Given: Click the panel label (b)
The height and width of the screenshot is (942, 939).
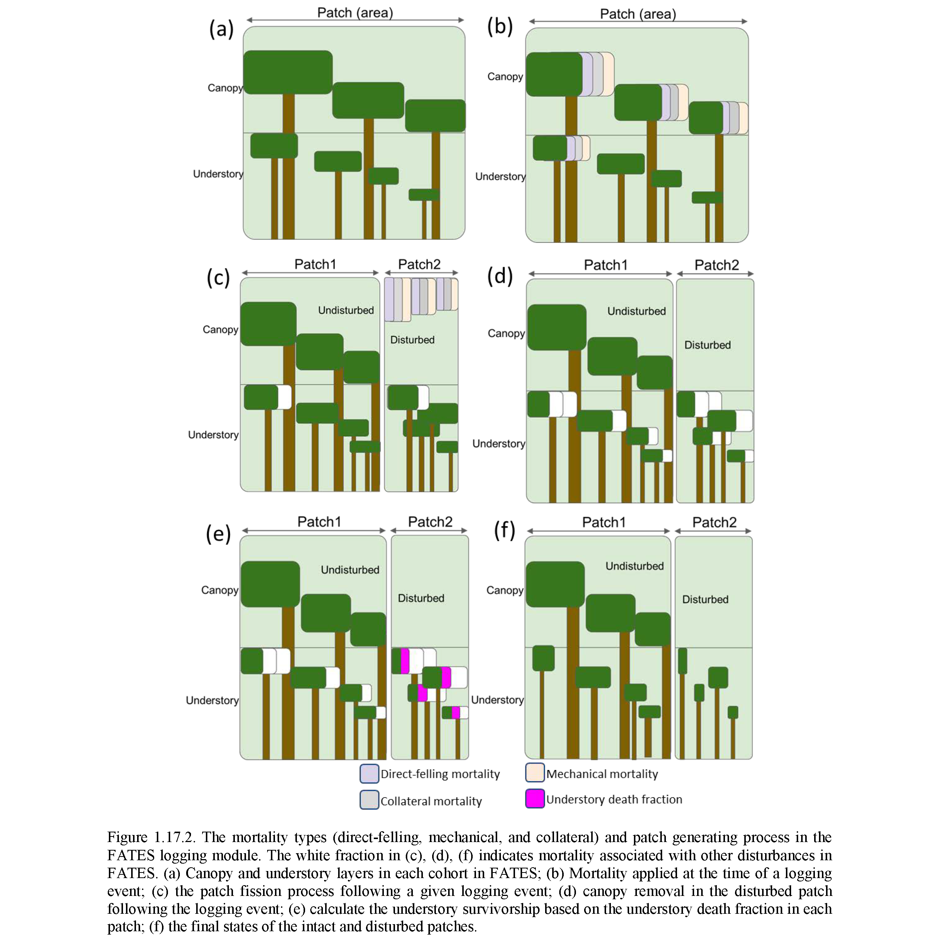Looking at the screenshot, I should point(500,26).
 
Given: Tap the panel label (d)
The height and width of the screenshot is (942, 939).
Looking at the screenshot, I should point(500,276).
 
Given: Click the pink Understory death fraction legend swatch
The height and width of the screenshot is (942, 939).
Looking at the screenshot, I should point(534,799).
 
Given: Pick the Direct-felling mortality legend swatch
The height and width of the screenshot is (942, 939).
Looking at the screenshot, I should point(369,774).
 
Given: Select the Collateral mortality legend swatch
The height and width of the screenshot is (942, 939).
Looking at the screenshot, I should point(369,800).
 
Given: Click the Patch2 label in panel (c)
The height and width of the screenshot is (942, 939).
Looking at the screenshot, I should point(419,264).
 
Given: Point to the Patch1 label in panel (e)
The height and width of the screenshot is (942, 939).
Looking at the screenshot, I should point(319,522).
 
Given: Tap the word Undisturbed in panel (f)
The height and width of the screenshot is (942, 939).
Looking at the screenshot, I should point(634,566).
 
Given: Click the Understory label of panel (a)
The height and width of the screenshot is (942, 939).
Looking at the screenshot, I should point(218,174).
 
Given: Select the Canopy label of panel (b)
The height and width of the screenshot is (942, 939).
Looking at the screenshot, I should point(505,77).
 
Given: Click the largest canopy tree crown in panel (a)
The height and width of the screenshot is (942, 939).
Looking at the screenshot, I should point(288,72).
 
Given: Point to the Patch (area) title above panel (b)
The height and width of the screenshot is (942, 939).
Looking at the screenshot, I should point(637,14).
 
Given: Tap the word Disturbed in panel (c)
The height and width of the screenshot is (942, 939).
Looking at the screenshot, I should point(412,340).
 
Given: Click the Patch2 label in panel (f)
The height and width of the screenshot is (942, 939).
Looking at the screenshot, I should point(714,523).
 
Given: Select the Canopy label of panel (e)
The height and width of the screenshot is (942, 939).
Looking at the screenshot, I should point(219,590).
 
